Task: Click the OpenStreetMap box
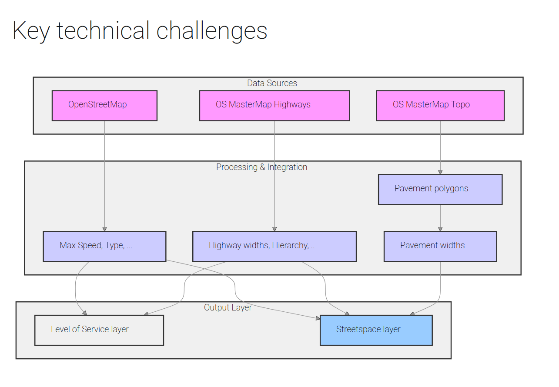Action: coord(104,106)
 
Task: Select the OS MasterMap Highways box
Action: coord(274,106)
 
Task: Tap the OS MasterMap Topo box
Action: coord(440,106)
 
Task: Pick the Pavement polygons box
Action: coord(440,190)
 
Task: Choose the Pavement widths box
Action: coord(440,247)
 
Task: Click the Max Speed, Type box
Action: coord(104,247)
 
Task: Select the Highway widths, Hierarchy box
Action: coord(274,247)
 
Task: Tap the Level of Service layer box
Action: coord(99,330)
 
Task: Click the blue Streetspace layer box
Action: coord(376,330)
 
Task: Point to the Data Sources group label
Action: coord(272,83)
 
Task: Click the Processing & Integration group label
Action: coord(261,167)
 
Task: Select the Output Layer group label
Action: coord(228,308)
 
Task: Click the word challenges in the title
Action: coord(211,31)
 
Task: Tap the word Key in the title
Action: coord(31,31)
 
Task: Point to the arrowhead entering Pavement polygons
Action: coord(440,172)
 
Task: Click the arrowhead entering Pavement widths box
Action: coord(440,229)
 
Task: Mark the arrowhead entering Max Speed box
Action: coord(104,229)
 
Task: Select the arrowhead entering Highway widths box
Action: coord(274,229)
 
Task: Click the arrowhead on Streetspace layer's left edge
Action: coord(318,318)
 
